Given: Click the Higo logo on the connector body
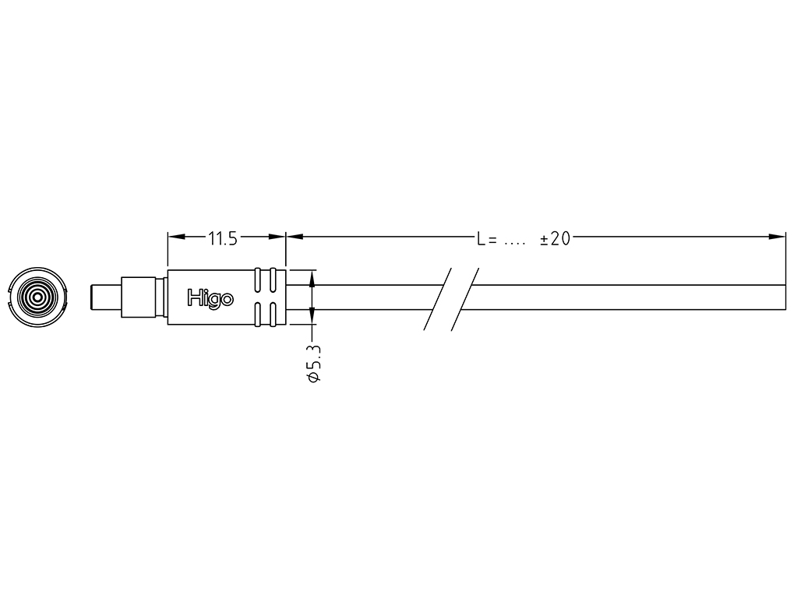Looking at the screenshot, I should [x=210, y=297].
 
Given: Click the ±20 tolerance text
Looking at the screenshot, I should [x=555, y=239].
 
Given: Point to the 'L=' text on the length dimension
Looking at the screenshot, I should [x=487, y=239].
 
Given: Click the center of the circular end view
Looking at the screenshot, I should [x=37, y=297].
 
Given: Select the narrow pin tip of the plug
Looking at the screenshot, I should [x=104, y=297].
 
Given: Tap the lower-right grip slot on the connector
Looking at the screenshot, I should [x=273, y=313].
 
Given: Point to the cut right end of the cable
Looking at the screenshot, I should [x=785, y=297].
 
